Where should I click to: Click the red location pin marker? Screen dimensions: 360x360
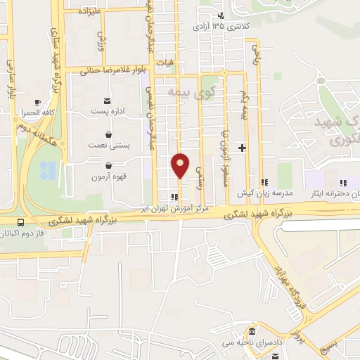[x=181, y=165]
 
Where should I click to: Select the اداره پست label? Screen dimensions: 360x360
[x=109, y=112]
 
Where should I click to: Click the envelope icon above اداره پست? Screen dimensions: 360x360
[x=108, y=101]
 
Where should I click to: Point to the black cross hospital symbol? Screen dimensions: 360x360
[x=243, y=148]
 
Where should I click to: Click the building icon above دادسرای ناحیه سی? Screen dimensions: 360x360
[x=251, y=332]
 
